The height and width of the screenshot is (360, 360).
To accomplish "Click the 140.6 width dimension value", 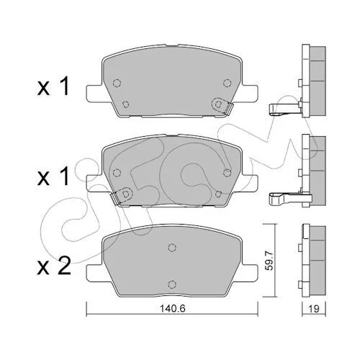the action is (173, 309).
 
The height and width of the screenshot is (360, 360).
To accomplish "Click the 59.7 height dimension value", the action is (270, 261).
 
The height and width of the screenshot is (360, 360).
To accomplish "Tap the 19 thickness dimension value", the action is (314, 309).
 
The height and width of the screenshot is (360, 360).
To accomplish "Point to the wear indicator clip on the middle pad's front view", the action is (122, 195).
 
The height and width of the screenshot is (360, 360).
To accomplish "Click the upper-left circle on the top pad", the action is (117, 83).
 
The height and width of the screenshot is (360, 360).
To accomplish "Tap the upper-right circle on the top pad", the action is (227, 83).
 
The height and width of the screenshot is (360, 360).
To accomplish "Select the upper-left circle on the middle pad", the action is (117, 173).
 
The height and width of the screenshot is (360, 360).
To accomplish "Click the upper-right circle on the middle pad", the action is (227, 173).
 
